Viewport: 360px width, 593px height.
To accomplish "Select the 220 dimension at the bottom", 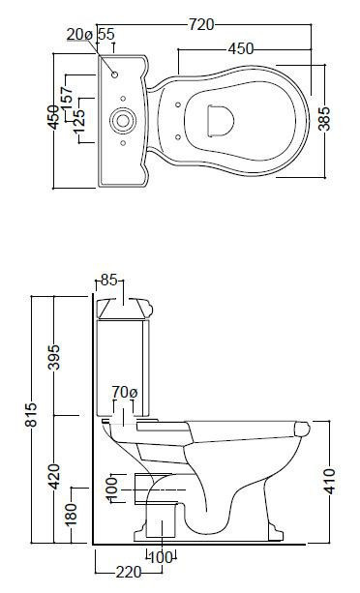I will (x=128, y=572).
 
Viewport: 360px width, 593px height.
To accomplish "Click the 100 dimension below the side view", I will (x=159, y=558).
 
